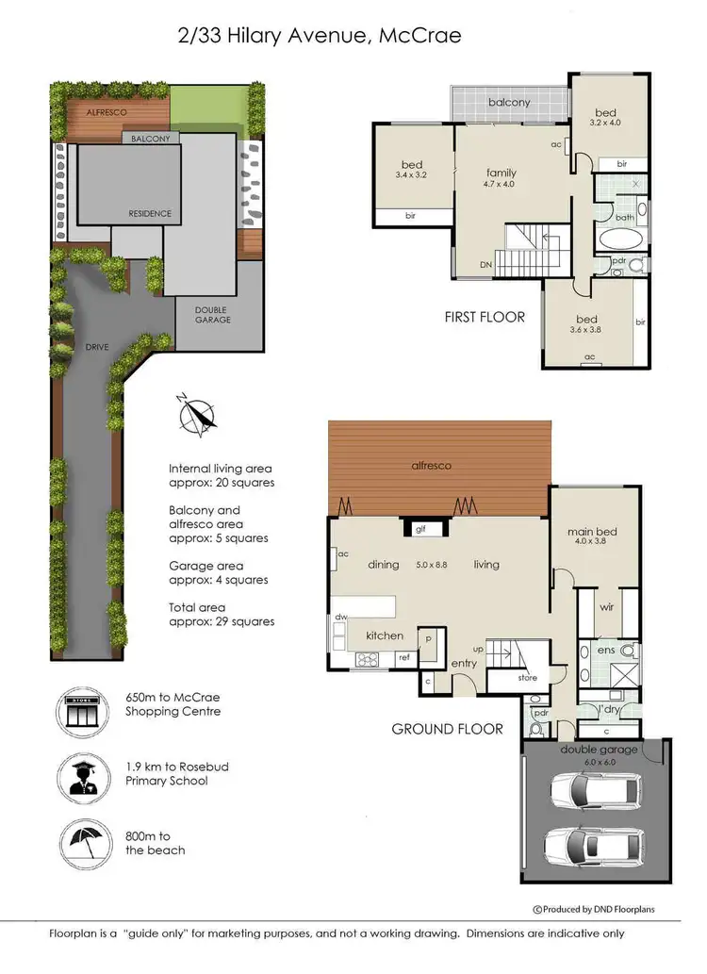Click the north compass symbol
(x=195, y=416)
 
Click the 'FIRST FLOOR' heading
(x=484, y=317)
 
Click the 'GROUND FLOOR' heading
(x=447, y=729)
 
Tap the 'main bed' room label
(x=590, y=531)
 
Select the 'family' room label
(x=501, y=173)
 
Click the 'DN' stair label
(x=485, y=265)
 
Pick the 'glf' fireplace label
(x=421, y=530)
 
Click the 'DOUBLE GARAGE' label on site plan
(x=212, y=314)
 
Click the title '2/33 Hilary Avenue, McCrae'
(x=320, y=36)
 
